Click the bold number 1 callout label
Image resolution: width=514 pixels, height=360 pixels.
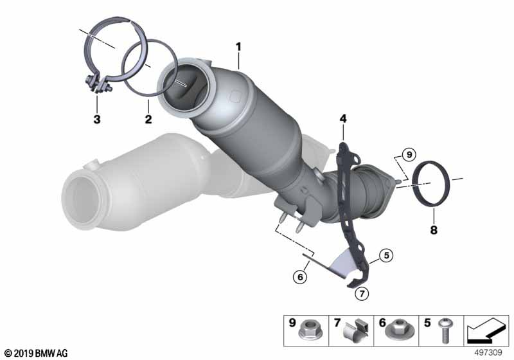click(x=238, y=47)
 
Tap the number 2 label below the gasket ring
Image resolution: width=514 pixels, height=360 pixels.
click(x=148, y=119)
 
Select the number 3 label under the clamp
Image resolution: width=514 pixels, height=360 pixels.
click(x=97, y=119)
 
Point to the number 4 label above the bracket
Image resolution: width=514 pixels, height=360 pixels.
click(x=343, y=118)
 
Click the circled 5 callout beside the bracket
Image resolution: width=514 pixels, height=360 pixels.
click(x=387, y=255)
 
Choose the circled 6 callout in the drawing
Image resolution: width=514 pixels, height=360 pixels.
click(x=300, y=277)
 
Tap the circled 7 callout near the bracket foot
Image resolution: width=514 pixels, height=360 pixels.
click(x=362, y=293)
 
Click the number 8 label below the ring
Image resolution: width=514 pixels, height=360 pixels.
click(x=433, y=230)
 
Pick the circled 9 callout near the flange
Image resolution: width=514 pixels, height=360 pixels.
click(x=409, y=154)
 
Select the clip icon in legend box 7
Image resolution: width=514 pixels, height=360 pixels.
click(x=356, y=330)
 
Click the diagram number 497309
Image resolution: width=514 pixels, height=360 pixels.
click(x=488, y=353)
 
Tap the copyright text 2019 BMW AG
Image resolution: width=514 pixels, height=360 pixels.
click(x=36, y=354)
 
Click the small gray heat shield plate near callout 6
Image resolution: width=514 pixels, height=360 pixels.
click(x=342, y=262)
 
